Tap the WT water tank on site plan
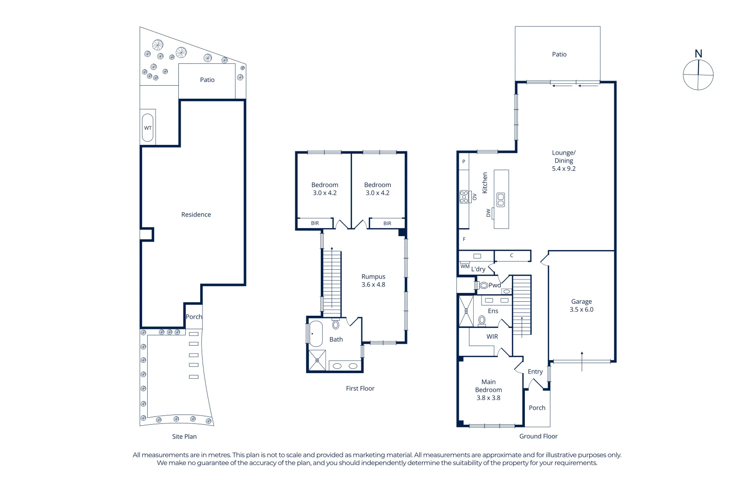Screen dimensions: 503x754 pos(148,128)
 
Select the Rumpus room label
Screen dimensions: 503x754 pos(373,277)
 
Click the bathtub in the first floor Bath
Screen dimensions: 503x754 pos(316,333)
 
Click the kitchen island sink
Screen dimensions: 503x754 pos(501,200)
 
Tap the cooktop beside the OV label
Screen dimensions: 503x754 pos(464,197)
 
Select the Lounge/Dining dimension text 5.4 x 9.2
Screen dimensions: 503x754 pos(564,169)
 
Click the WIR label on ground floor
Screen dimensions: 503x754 pos(492,337)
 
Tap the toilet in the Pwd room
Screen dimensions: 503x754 pos(483,285)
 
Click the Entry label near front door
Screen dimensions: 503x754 pos(535,372)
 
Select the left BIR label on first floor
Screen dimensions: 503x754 pos(315,224)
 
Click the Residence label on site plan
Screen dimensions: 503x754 pos(196,215)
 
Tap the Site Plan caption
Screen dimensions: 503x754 pos(184,436)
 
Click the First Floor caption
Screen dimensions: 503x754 pos(360,388)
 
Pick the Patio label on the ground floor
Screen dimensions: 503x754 pos(559,54)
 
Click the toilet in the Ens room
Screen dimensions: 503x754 pos(482,320)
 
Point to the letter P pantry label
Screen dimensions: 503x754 pos(463,162)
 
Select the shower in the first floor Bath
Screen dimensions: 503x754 pos(317,360)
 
